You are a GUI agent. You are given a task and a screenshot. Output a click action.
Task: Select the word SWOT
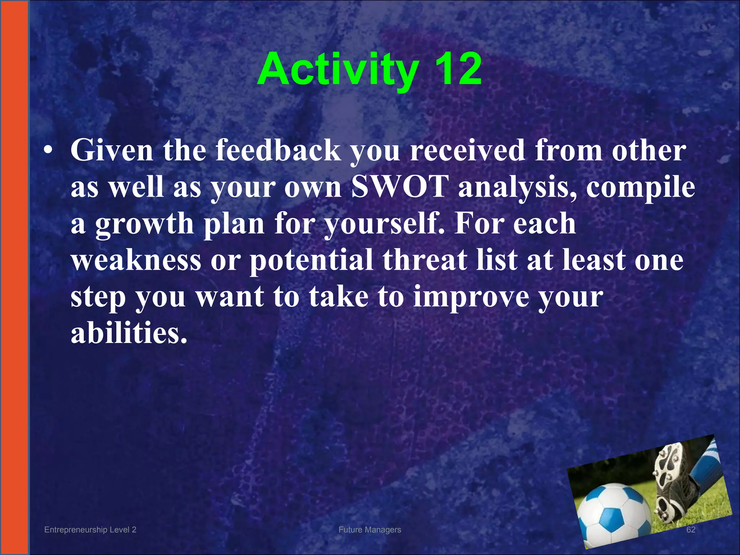pyautogui.click(x=399, y=187)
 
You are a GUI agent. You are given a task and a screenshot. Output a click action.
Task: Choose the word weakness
pyautogui.click(x=136, y=260)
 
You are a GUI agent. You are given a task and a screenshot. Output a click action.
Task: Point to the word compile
pyautogui.click(x=640, y=188)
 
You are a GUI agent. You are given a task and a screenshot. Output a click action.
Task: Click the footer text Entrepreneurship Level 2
pyautogui.click(x=90, y=530)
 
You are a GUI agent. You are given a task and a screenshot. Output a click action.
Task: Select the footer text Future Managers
pyautogui.click(x=370, y=530)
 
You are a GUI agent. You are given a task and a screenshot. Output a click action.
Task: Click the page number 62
pyautogui.click(x=690, y=530)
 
